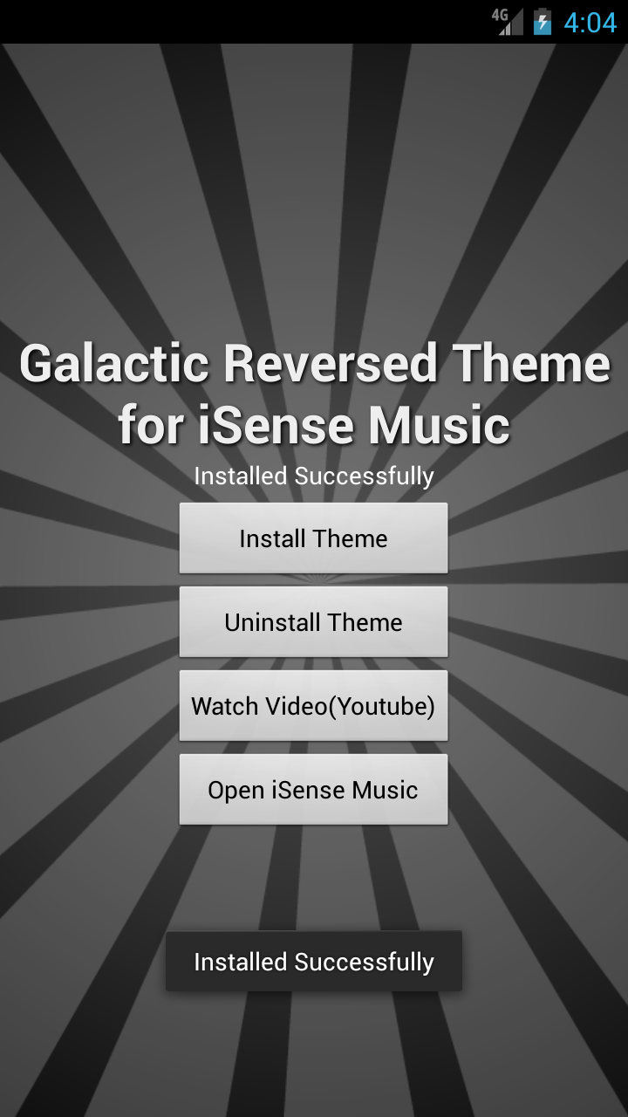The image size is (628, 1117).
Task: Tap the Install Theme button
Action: point(313,538)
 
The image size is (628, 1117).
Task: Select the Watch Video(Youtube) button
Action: point(313,706)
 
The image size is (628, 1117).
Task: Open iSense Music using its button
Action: point(313,790)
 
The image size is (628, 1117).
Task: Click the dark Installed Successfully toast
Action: point(314,961)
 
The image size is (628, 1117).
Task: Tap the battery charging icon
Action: point(543,22)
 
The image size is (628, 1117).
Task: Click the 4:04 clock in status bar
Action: point(590,23)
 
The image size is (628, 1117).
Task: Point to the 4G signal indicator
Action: point(508,22)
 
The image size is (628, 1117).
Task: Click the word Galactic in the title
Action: point(114,363)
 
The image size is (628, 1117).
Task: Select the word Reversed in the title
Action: point(331,363)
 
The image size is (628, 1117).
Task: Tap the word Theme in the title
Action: point(531,363)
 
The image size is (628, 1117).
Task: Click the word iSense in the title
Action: point(276,425)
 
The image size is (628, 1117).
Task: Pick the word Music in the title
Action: point(439,425)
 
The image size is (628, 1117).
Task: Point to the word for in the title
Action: point(151,425)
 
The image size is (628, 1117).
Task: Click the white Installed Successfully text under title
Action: point(314,476)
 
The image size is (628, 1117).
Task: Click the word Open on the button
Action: point(235,791)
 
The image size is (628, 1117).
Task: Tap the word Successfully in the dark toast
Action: point(365,963)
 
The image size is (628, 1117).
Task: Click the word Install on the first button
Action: point(272,538)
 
